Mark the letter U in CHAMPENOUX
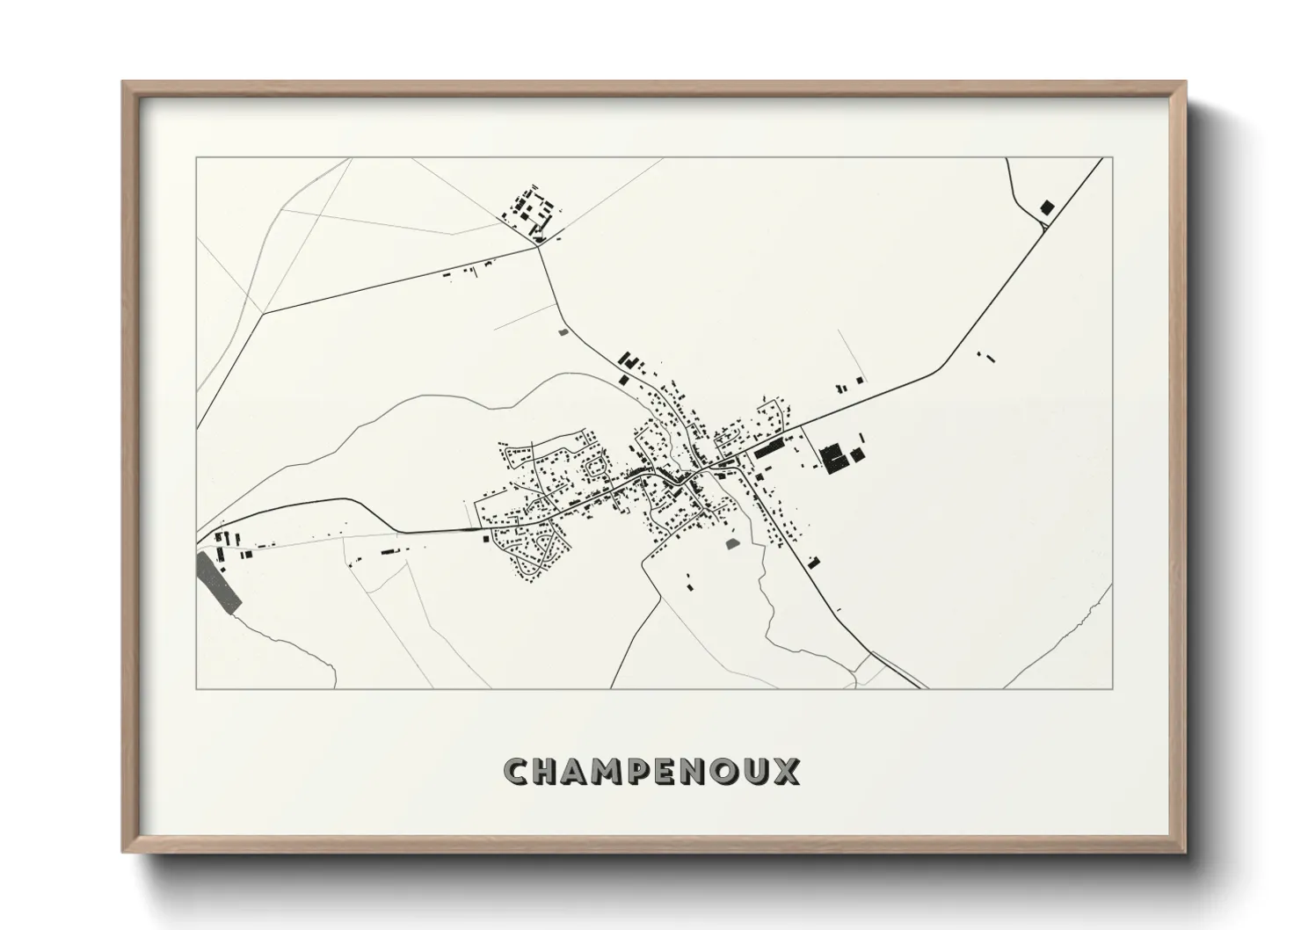coord(755,772)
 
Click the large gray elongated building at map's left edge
coord(220,581)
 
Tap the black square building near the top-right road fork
coord(1046,207)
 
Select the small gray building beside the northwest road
coord(563,332)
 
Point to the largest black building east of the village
coord(830,459)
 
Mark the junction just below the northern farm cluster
coord(537,246)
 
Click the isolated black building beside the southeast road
coord(813,562)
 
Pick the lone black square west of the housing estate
coord(484,539)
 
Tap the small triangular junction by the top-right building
coord(1042,224)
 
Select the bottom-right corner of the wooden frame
coord(1186,852)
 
